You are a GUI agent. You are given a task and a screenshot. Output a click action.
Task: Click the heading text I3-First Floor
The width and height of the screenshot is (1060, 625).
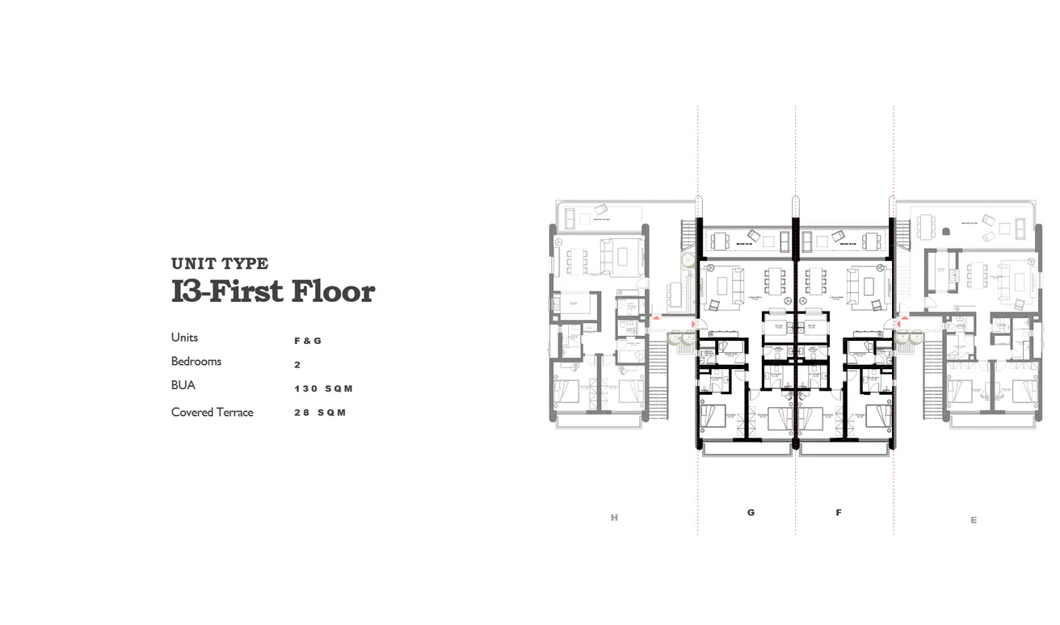tap(273, 291)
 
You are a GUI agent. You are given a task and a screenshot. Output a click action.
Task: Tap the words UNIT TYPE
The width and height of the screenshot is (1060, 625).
tap(220, 263)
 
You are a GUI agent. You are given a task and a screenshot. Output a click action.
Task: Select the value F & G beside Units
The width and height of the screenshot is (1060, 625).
tap(308, 341)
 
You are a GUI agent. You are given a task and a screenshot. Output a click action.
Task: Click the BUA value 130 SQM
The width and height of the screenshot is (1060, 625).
tap(324, 388)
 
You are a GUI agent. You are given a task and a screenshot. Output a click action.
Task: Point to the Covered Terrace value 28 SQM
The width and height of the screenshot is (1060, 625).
tap(320, 413)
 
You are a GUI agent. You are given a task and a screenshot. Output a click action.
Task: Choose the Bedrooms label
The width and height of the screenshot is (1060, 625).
tap(196, 361)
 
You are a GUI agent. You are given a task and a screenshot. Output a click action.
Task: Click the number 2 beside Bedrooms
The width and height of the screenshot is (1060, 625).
tap(297, 365)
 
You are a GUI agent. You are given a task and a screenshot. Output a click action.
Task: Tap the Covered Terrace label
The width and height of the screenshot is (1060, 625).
tap(212, 412)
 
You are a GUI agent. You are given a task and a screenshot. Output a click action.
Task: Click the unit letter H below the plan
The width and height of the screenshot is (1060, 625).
tap(614, 518)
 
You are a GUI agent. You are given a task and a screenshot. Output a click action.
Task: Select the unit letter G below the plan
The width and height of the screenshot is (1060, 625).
tap(751, 512)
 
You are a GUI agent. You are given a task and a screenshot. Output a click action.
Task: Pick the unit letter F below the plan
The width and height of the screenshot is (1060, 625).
tap(839, 512)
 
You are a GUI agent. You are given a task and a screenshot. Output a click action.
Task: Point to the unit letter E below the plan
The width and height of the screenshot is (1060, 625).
tap(974, 520)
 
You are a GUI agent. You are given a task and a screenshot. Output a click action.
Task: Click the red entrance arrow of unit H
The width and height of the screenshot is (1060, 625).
tap(656, 319)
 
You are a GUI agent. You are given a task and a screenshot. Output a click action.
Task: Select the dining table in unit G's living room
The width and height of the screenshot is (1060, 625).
tap(775, 283)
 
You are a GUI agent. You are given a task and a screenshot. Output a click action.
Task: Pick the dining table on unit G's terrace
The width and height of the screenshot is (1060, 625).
tap(719, 240)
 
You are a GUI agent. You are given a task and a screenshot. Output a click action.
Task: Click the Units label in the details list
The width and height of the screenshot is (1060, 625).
tap(184, 337)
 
